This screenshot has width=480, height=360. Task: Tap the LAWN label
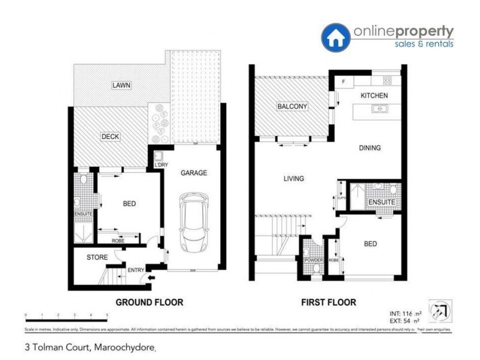click(x=121, y=85)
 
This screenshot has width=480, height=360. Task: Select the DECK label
click(x=110, y=137)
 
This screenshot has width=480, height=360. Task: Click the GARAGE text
click(x=194, y=173)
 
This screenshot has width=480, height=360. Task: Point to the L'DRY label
click(x=161, y=165)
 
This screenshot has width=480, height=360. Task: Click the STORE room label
click(x=97, y=257)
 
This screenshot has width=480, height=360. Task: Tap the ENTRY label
click(x=136, y=270)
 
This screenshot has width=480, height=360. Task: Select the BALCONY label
click(x=292, y=107)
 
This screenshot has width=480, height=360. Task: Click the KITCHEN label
click(x=374, y=96)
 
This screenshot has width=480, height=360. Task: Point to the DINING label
click(x=370, y=148)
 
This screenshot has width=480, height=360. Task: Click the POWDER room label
click(x=314, y=260)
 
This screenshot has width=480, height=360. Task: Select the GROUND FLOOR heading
click(x=149, y=302)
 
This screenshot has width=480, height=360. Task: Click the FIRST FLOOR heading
click(x=328, y=302)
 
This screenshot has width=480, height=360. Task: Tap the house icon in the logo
click(x=337, y=37)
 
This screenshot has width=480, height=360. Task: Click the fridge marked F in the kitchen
click(x=344, y=82)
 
